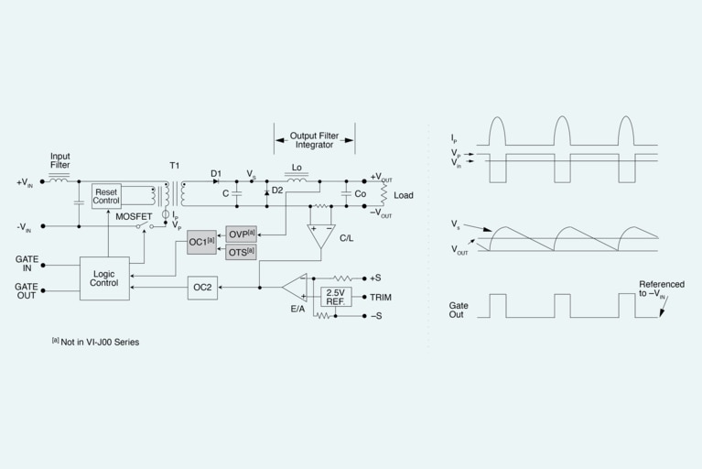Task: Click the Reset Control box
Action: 106,196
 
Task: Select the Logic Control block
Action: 104,277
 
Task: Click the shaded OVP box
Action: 242,234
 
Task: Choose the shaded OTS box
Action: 242,251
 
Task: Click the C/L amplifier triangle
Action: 320,234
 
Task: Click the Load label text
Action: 404,195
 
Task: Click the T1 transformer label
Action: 175,165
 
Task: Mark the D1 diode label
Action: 216,172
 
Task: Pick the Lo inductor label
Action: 297,169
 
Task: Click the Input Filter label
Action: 60,161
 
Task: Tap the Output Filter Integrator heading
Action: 313,140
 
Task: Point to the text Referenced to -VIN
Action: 661,289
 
